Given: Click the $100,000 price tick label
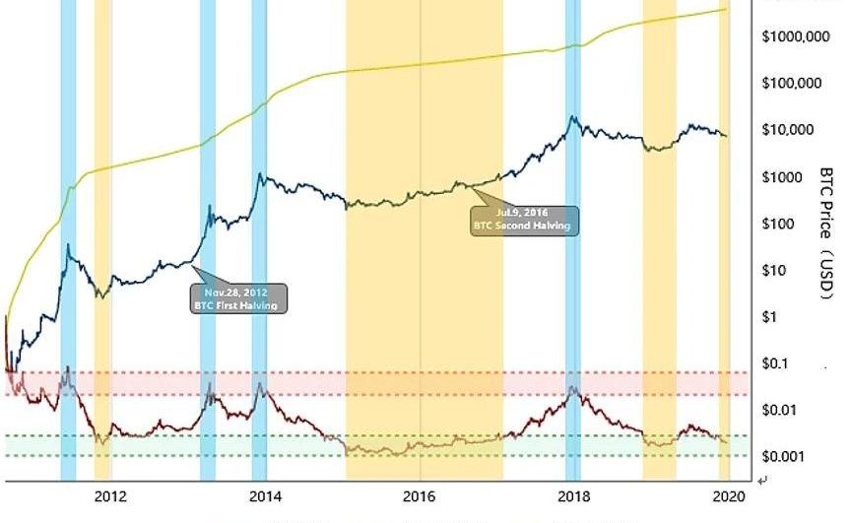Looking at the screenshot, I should (x=792, y=83).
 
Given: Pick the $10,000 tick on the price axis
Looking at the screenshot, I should (x=789, y=130).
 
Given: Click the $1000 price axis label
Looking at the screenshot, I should (x=784, y=177).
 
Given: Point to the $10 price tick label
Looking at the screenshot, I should (x=777, y=271).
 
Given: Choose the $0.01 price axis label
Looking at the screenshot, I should (x=782, y=410).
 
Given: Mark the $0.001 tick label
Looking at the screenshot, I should (x=785, y=457).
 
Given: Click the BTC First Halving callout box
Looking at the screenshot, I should (x=237, y=298).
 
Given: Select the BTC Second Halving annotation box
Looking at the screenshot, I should (x=522, y=220).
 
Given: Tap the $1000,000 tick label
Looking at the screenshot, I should (x=796, y=36).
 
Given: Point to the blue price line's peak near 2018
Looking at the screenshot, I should (x=572, y=117).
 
